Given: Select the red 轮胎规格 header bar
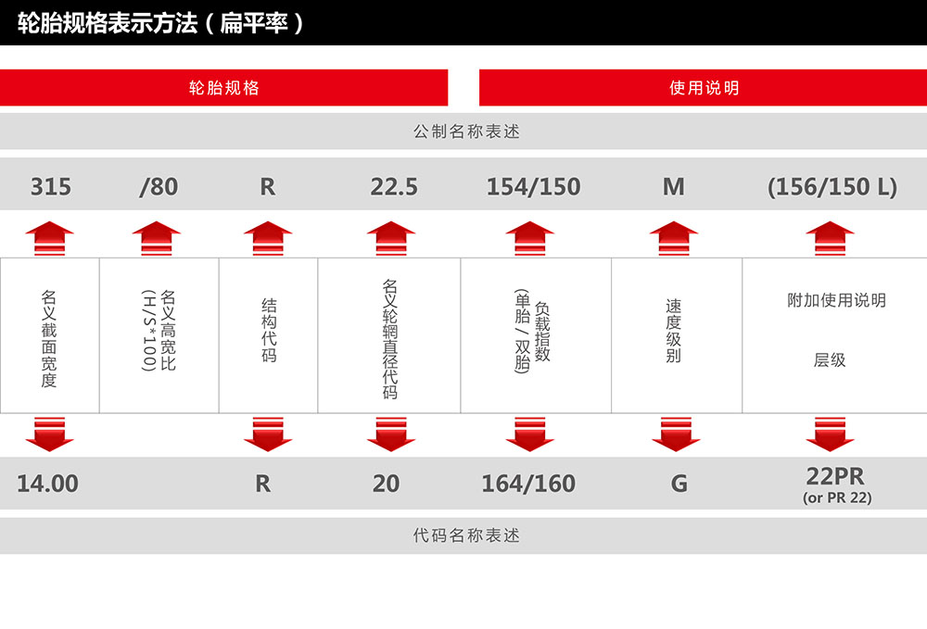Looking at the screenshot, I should [223, 88].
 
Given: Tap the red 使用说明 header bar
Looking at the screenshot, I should [704, 88].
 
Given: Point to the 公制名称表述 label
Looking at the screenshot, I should [466, 132].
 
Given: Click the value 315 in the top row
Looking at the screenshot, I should [50, 187].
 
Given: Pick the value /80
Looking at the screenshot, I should [157, 187].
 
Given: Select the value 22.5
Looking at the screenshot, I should [394, 187].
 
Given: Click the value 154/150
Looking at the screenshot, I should [533, 187].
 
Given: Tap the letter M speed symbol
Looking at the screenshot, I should [674, 187].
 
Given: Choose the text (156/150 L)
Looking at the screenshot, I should [832, 187].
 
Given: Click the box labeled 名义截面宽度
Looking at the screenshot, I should [49, 335].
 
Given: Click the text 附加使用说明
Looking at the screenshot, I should [836, 300].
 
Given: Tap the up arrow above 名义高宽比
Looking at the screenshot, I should [157, 238].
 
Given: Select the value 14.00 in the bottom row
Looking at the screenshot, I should [48, 484].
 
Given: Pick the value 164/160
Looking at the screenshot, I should [528, 484].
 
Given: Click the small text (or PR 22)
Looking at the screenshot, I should [836, 498].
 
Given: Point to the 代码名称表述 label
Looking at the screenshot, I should [466, 535].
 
